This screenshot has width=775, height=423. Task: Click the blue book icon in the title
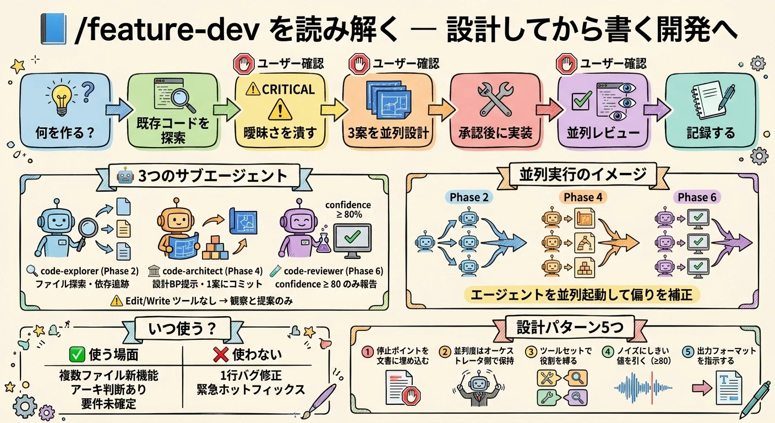(53, 29)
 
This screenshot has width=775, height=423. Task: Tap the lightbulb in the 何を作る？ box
(62, 98)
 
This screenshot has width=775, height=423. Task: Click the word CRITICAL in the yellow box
(288, 90)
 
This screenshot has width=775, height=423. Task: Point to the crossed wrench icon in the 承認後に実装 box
(495, 99)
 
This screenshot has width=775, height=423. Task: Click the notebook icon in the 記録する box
(709, 100)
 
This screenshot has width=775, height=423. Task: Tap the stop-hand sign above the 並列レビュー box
(566, 64)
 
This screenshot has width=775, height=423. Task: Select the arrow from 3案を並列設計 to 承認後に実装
(441, 110)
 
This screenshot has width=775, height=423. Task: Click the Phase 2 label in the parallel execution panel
(469, 197)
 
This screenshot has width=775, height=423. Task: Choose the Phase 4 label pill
(583, 197)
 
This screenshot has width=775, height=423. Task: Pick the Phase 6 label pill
(697, 197)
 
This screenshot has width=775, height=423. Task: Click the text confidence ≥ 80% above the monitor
(348, 210)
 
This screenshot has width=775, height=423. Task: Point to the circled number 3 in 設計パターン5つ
(531, 352)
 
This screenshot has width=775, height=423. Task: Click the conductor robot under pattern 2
(478, 388)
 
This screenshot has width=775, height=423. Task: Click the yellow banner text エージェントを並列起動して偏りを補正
(582, 295)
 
